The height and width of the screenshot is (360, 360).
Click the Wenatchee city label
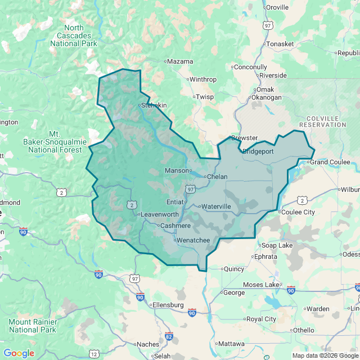tap(194, 241)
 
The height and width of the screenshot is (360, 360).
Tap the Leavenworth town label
tap(159, 214)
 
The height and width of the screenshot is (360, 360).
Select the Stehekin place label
tap(154, 105)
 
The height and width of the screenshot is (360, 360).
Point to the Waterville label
tap(216, 206)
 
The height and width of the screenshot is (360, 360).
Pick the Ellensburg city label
tap(168, 305)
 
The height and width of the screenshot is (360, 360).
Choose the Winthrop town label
tap(202, 79)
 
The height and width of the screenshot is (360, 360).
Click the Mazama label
tap(180, 61)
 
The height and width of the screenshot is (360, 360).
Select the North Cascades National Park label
tap(74, 35)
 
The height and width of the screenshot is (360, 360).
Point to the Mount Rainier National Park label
tap(32, 326)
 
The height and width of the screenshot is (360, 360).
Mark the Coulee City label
tap(298, 212)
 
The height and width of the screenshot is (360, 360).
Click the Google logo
tap(19, 353)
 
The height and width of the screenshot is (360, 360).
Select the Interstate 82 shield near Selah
tap(169, 336)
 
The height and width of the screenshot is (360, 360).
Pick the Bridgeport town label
tap(258, 151)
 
